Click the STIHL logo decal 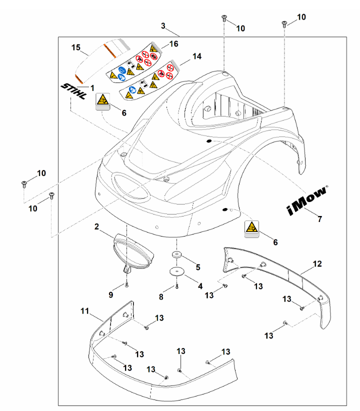pos(73,93)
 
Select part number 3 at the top pos(163,25)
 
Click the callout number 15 pos(76,47)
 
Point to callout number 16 pos(173,44)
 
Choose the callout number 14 pos(196,56)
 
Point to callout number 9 pos(111,295)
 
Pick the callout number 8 pos(161,296)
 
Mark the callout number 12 pos(317,263)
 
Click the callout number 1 pos(92,87)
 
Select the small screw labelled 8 pos(177,286)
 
